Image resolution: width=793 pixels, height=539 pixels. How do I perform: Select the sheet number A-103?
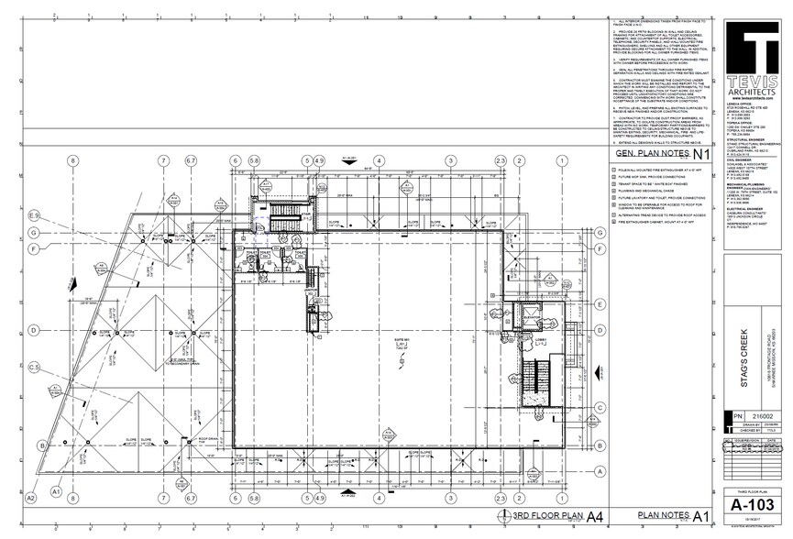point(751,504)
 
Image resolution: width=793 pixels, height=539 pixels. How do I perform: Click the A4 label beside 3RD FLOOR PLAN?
point(594,515)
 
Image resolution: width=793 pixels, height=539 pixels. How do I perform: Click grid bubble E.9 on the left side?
point(35,214)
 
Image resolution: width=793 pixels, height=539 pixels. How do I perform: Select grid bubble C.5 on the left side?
point(35,368)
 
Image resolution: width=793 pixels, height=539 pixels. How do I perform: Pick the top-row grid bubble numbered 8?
point(72,160)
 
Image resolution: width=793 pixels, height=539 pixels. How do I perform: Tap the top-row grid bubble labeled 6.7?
point(190,160)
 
